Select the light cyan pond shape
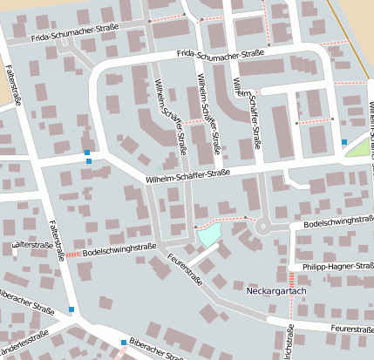207,234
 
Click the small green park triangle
357,147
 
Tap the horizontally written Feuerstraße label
352,329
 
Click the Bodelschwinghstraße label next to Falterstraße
119,248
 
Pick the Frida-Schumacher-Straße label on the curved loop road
220,54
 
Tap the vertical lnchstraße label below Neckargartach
289,342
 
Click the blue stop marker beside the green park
343,141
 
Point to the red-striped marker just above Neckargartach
290,277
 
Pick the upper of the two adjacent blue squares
87,153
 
